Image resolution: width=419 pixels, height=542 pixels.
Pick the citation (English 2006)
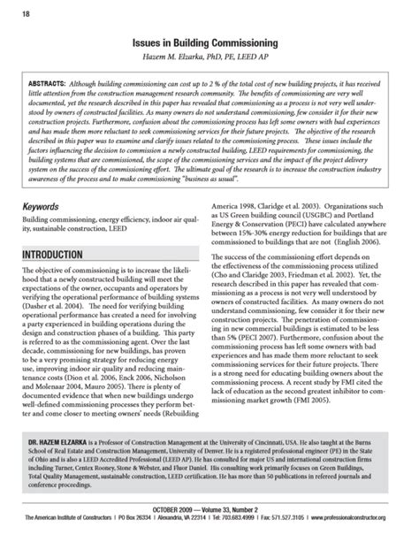(371, 250)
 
